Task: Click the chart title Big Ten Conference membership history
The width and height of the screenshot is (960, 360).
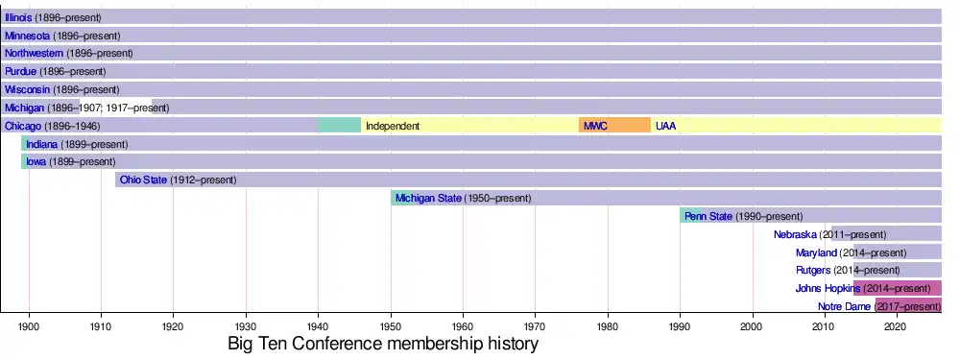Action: tap(383, 344)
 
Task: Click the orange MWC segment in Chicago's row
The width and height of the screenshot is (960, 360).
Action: tap(614, 126)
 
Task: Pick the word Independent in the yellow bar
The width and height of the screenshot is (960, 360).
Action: tap(393, 126)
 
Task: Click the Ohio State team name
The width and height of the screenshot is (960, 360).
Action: tap(143, 180)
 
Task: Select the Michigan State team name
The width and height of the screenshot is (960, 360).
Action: tap(428, 199)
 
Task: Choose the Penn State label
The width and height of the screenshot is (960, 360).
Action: tap(708, 216)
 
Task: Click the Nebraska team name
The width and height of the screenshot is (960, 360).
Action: tap(795, 234)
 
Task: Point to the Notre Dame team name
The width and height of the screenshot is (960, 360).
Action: tap(844, 307)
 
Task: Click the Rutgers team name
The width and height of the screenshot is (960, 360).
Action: tap(813, 271)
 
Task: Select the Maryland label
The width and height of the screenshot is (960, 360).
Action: tap(816, 252)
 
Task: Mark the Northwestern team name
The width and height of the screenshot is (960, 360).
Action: tap(34, 53)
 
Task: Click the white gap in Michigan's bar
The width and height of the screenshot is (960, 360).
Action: tap(116, 108)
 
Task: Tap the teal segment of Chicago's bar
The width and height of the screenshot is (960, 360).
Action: tap(339, 126)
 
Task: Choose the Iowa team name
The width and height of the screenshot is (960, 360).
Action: tap(36, 162)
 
